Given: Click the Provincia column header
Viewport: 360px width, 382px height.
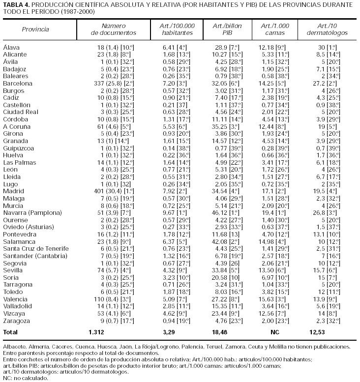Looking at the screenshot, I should click(35, 29).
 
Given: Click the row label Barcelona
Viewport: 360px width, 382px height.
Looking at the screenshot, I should click(18, 84).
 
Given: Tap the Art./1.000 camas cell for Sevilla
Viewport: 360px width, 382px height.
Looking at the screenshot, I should click(275, 269).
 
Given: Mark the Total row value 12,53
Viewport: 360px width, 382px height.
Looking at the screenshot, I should click(324, 332).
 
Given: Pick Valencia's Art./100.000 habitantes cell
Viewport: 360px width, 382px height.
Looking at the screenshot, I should click(172, 298).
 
